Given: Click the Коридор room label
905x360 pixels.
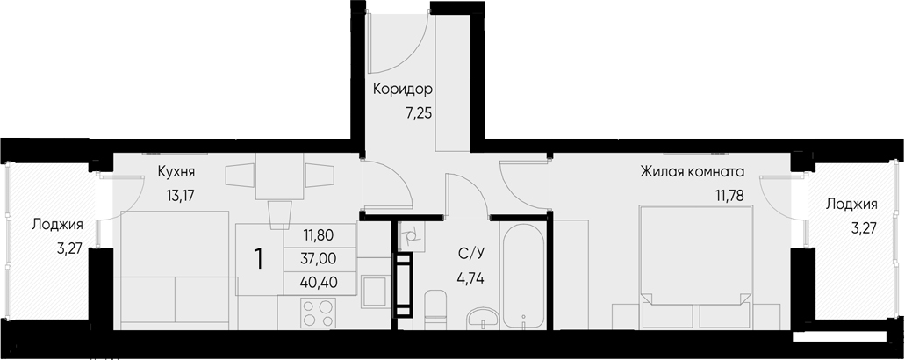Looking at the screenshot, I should tap(403, 90).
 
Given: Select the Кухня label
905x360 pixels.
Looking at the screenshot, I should tap(176, 171).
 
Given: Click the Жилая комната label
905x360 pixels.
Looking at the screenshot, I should tap(692, 171).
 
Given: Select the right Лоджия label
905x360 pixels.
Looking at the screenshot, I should tap(851, 204).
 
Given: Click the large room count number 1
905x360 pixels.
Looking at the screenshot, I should tap(259, 259).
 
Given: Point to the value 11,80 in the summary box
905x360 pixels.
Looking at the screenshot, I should tap(320, 235).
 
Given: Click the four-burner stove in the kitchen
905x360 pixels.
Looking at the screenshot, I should tap(318, 313).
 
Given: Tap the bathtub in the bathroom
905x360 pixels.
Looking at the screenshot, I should tap(525, 274).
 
